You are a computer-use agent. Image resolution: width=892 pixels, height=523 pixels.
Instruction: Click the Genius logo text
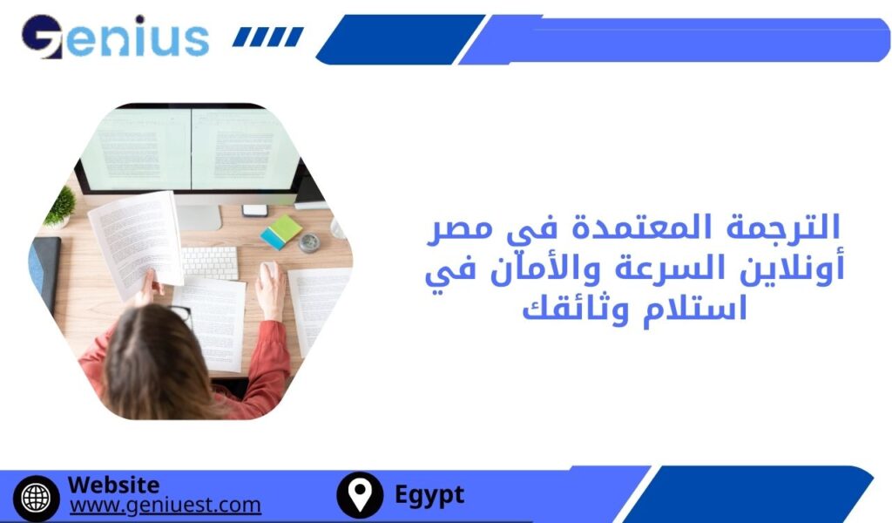click(117, 37)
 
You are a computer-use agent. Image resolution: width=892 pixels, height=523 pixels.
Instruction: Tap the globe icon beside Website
click(36, 496)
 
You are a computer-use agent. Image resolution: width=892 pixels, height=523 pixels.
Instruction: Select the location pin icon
click(359, 495)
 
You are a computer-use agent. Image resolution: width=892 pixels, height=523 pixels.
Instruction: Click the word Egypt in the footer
click(429, 495)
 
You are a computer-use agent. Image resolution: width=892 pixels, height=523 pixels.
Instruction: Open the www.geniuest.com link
click(165, 505)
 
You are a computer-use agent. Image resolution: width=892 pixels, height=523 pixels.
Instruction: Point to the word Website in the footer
click(113, 485)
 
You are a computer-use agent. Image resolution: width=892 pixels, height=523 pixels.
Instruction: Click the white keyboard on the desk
click(210, 261)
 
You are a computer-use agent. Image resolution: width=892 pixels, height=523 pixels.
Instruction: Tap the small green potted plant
click(61, 207)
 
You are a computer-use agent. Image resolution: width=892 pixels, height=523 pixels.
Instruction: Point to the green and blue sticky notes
click(280, 232)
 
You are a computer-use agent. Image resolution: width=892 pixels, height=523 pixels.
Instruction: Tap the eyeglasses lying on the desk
click(180, 314)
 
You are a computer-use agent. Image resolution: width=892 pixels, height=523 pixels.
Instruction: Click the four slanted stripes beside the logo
click(268, 37)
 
